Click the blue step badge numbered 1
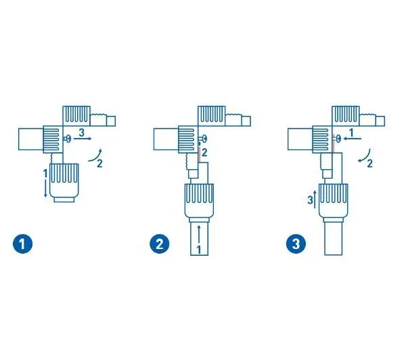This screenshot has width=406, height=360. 23,244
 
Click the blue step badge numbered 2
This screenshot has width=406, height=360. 160,244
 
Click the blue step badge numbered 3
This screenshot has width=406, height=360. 296,244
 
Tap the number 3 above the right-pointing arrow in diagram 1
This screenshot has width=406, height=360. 82,133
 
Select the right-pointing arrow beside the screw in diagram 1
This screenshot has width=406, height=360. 83,139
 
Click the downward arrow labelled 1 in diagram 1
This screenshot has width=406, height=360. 45,188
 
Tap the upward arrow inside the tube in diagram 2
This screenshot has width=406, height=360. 199,235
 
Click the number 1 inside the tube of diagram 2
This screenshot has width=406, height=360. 199,250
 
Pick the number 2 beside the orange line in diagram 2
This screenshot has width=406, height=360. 204,153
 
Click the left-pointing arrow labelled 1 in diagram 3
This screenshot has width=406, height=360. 352,139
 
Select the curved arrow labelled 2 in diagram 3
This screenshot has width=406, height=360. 365,156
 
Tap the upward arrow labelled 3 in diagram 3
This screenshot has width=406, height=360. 315,200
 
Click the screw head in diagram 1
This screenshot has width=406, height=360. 68,139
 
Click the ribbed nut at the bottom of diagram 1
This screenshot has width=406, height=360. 64,181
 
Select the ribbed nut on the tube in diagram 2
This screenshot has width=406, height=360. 199,201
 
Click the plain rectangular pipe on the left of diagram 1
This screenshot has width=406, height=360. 31,139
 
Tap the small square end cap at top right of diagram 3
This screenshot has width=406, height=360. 380,121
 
